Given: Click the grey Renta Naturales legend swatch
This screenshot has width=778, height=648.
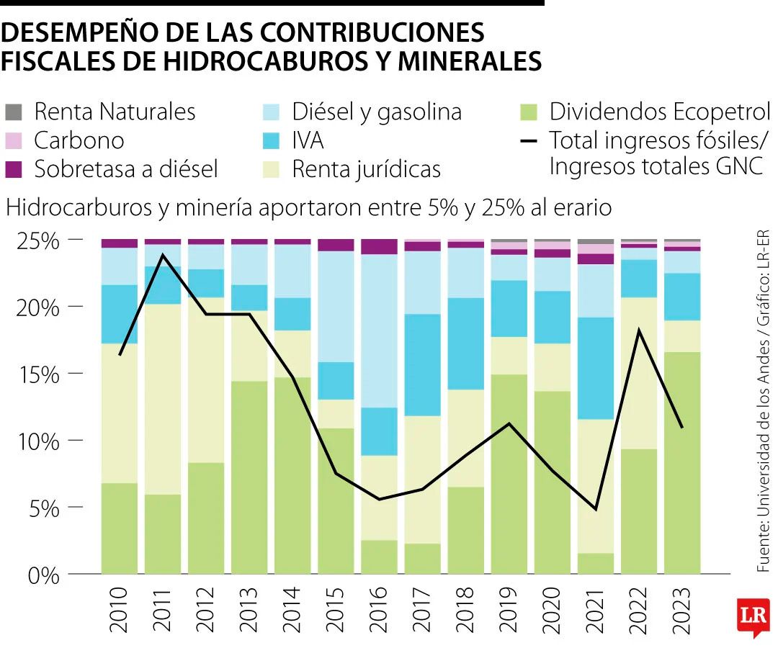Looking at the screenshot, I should [x=14, y=112].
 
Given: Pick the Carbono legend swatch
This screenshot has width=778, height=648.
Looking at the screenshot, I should [x=14, y=140].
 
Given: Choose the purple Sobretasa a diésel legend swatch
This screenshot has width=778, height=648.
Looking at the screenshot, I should [x=14, y=169].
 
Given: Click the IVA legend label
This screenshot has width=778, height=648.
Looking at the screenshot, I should [x=308, y=140].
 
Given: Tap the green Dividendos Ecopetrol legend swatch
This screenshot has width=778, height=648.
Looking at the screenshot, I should [x=529, y=112].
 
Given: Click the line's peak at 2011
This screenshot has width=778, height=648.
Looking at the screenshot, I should [x=164, y=254].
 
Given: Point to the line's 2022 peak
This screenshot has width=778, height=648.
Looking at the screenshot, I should [x=639, y=330].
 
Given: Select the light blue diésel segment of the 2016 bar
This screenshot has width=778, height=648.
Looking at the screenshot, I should [x=380, y=331].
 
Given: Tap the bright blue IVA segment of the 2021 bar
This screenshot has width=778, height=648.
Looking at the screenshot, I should [x=596, y=367].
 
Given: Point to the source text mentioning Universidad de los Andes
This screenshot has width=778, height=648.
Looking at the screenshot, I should [x=763, y=403].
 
